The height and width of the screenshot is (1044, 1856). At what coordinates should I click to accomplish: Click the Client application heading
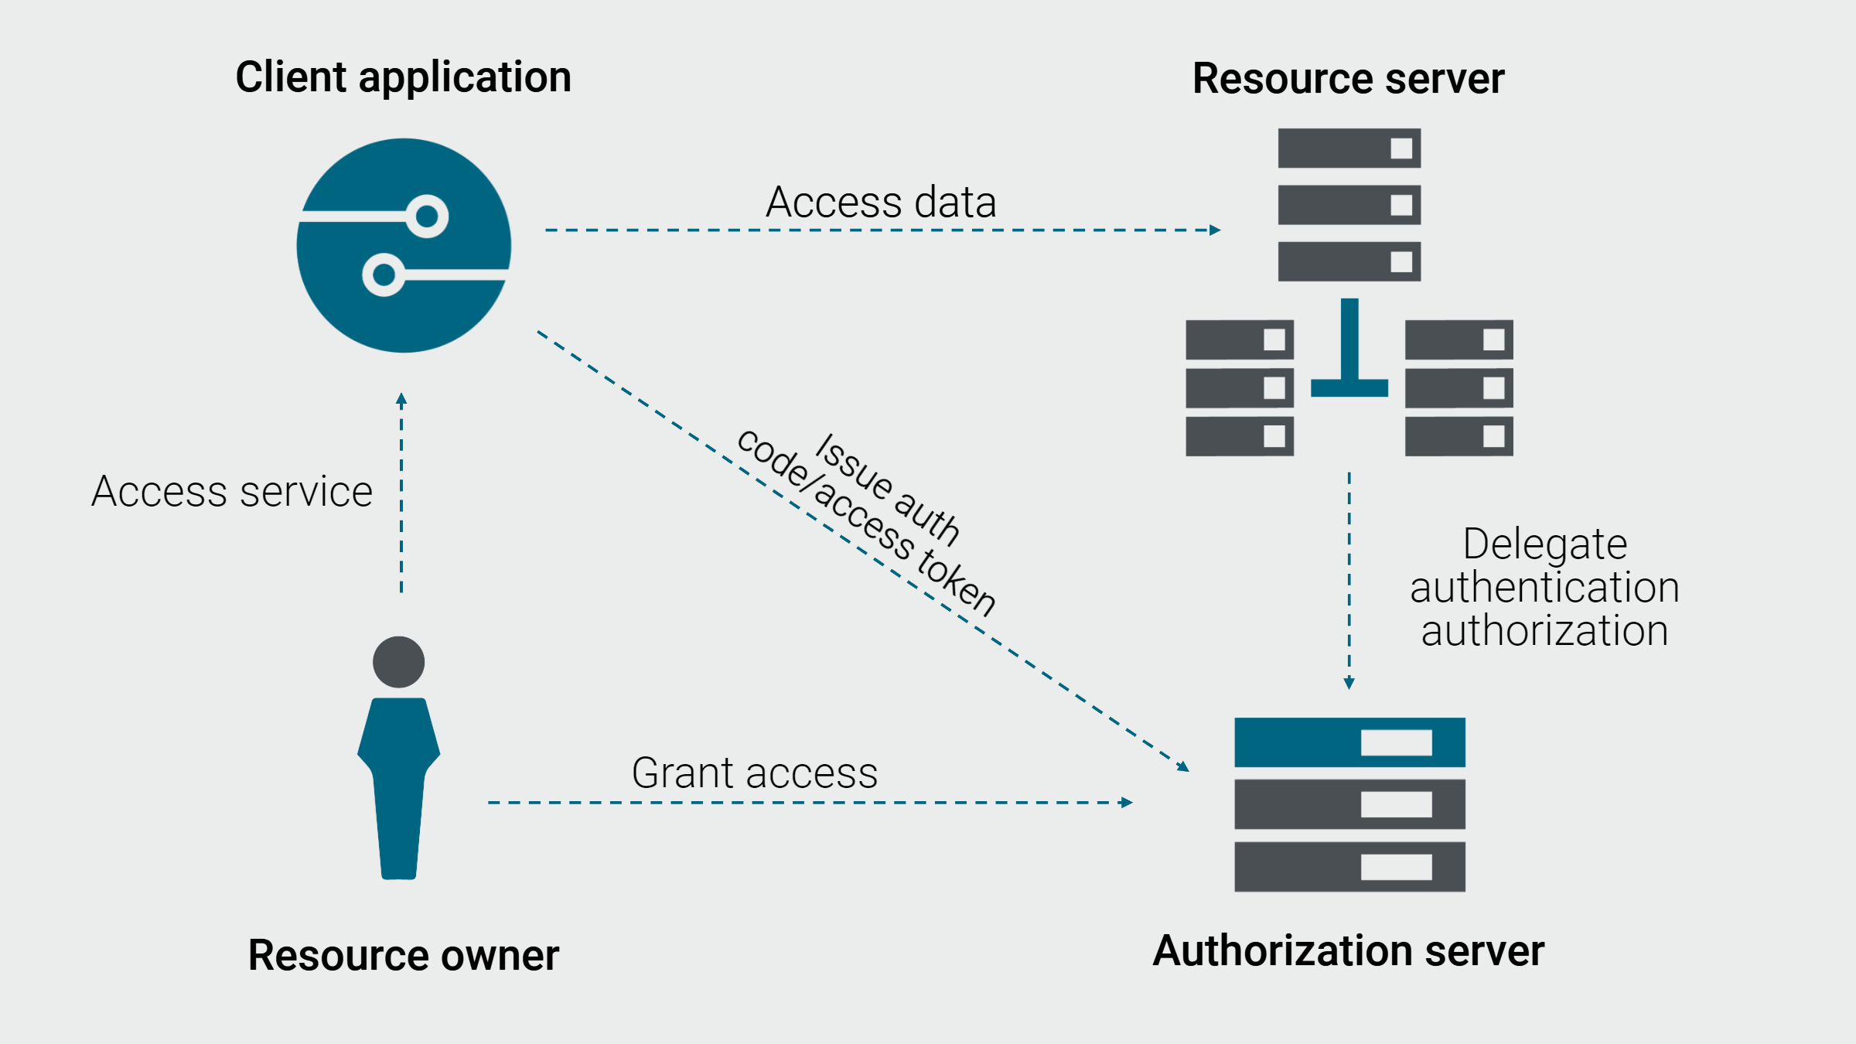pos(403,78)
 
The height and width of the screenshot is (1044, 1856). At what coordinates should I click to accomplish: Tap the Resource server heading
pos(1348,79)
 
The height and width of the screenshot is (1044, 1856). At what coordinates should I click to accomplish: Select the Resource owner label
pos(403,955)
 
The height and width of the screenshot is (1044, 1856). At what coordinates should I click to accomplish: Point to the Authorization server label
pos(1348,951)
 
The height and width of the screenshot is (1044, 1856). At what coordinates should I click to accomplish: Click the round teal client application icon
pos(404,245)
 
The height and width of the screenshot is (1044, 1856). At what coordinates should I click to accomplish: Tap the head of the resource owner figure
pos(398,662)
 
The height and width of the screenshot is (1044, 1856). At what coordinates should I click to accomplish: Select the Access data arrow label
pos(881,203)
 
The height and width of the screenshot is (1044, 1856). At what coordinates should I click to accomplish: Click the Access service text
pos(232,492)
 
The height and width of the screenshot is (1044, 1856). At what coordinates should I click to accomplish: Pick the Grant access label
pos(755,773)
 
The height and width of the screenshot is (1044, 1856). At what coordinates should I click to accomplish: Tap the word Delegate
pos(1544,544)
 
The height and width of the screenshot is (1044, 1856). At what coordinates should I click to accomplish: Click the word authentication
pos(1544,588)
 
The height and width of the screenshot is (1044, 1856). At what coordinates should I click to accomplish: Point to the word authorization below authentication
pos(1544,631)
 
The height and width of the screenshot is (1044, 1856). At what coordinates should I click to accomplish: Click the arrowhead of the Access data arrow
pos(1215,230)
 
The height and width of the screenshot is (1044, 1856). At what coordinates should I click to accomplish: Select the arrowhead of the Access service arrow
pos(401,399)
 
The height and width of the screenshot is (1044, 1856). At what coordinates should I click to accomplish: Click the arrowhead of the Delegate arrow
pos(1349,684)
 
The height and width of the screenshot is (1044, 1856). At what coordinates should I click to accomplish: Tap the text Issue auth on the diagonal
pos(888,489)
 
